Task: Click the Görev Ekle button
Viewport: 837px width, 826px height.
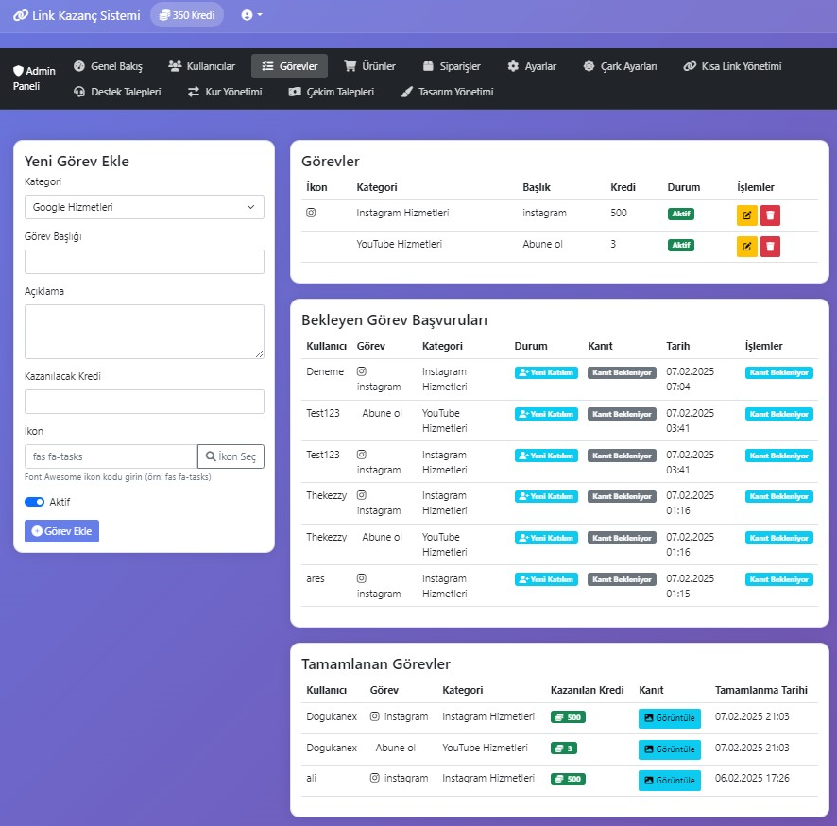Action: click(62, 531)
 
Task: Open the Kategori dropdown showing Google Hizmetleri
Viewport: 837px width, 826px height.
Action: click(145, 207)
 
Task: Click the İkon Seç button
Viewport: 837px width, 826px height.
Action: click(231, 456)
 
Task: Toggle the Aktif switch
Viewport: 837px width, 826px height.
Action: click(34, 502)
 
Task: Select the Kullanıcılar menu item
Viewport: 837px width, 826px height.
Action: click(202, 66)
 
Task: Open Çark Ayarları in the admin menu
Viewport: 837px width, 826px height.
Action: click(620, 66)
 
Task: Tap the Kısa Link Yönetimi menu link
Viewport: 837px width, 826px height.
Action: click(732, 66)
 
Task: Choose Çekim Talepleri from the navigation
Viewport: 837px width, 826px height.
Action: click(332, 92)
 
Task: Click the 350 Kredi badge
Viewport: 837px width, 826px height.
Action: click(187, 15)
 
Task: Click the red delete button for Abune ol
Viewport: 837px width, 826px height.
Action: click(770, 247)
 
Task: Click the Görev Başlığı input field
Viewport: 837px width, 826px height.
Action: click(145, 262)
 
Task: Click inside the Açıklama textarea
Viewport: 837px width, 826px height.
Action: click(145, 332)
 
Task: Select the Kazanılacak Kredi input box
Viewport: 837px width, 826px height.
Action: click(145, 402)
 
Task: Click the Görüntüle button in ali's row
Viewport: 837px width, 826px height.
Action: click(670, 780)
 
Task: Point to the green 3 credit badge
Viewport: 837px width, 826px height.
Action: click(564, 749)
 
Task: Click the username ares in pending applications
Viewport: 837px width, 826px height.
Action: click(316, 578)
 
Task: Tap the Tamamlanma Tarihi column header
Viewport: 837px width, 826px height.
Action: click(761, 690)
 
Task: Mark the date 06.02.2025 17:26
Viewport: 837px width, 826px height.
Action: click(752, 778)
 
